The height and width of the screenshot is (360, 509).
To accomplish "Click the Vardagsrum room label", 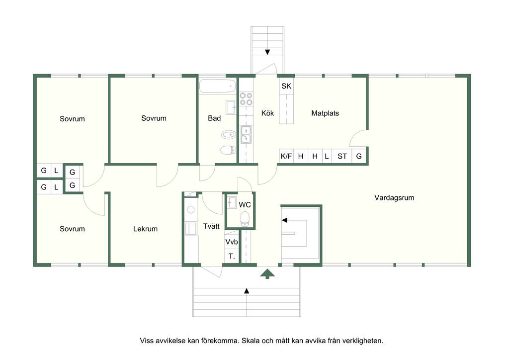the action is pos(394,198).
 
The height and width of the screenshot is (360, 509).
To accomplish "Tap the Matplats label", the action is pos(325,113).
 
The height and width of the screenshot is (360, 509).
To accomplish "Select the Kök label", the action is pos(267,113).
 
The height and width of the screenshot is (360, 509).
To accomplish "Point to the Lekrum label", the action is pos(145,229).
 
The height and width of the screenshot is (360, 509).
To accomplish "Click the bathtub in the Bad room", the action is pos(218,86).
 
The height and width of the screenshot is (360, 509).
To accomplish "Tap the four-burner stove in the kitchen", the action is pos(246,98).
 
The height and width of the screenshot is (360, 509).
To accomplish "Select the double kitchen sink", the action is pos(246,135).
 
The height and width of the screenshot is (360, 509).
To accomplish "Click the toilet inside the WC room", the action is pos(245,219).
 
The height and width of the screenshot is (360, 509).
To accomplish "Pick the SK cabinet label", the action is pos(286,86).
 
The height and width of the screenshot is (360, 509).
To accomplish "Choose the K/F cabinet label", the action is pos(286,157).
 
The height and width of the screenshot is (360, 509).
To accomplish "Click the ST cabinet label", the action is pos(342,157).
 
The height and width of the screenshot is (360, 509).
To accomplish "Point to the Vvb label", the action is pos(232,242).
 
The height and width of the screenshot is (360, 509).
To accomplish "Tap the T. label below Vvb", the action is pos(232,257).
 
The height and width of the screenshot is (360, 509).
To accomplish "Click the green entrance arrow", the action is pos(267,274).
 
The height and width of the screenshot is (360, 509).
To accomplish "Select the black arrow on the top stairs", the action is pos(267,52).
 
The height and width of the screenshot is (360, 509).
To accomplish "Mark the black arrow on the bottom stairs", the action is pos(247,291).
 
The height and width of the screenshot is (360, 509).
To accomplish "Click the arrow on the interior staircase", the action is pos(285,220).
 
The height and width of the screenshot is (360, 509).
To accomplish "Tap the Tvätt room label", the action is pos(211,226).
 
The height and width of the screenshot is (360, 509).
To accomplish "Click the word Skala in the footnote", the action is pos(250,341).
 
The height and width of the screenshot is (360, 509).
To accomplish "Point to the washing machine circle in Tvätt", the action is pos(191,209).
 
